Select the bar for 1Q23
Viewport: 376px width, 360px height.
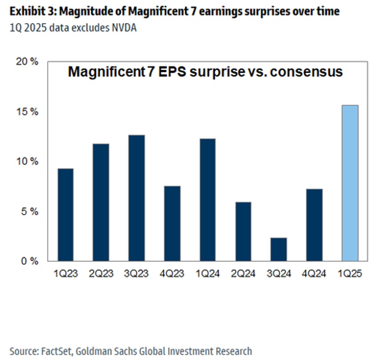[x=66, y=215]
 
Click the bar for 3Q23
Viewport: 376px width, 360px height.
[x=137, y=198]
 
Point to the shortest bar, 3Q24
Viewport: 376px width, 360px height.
[x=279, y=249]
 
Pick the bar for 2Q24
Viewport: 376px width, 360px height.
[x=243, y=231]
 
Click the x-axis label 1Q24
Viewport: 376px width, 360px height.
[x=208, y=274]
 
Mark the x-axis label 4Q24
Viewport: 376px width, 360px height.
[x=314, y=274]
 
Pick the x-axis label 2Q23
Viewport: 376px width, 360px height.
[x=101, y=274]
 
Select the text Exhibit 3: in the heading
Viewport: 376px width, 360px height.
[x=31, y=11]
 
